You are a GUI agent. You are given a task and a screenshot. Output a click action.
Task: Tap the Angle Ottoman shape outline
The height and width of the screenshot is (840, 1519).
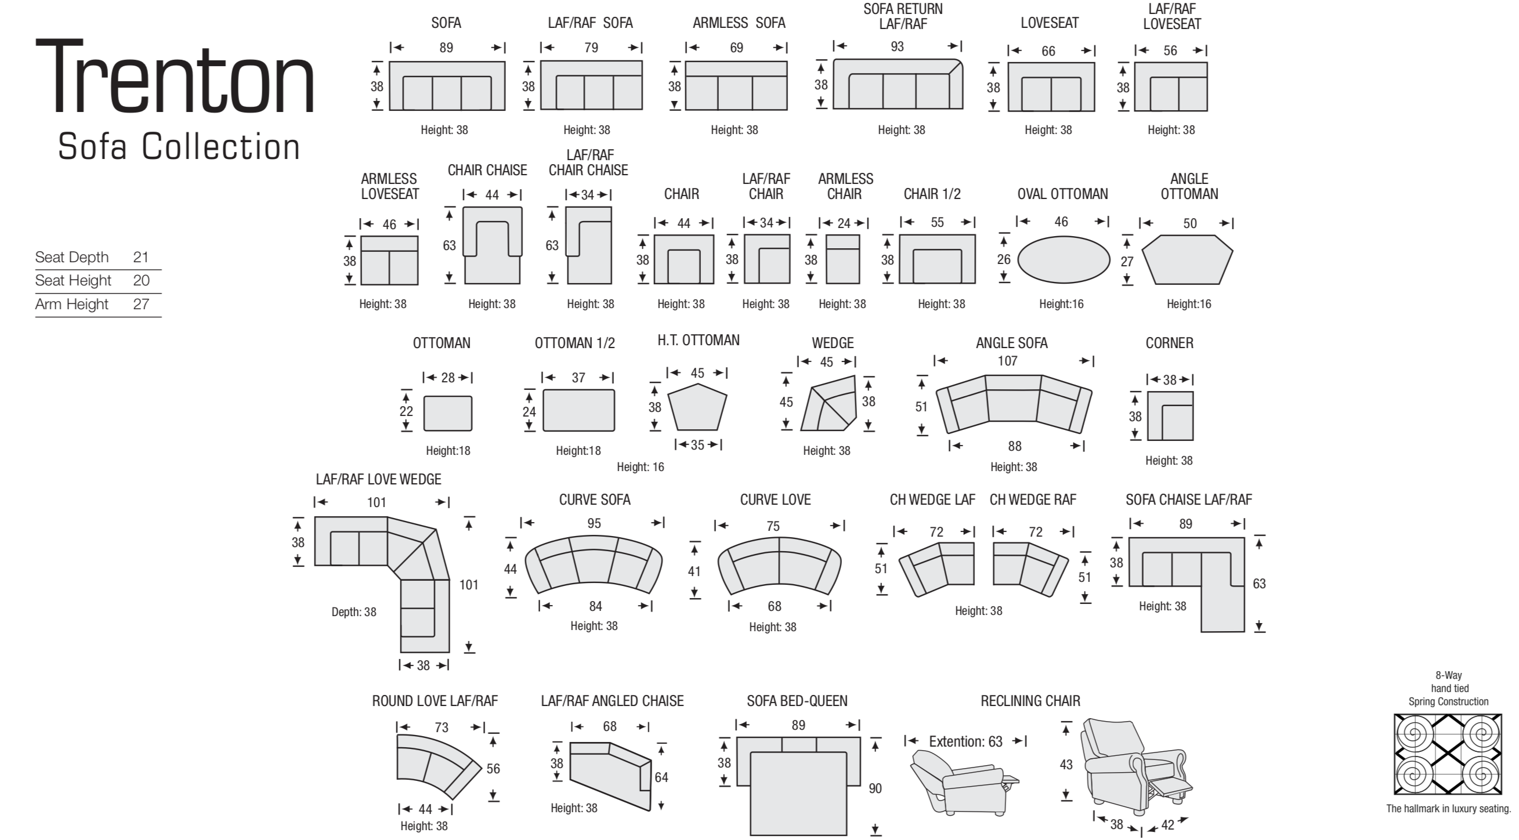[1187, 259]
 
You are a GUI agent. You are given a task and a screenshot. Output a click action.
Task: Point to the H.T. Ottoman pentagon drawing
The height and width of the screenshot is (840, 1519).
[697, 407]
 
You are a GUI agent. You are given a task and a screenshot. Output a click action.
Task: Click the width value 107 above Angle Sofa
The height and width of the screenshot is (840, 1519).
[1007, 361]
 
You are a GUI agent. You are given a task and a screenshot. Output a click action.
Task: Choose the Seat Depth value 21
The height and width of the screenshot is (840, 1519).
[140, 257]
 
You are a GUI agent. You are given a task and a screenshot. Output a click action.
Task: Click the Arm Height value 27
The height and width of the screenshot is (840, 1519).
[141, 304]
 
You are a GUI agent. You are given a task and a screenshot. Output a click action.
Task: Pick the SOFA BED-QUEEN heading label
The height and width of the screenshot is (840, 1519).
[797, 701]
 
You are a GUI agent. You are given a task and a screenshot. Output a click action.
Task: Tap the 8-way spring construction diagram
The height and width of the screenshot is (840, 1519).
[1448, 754]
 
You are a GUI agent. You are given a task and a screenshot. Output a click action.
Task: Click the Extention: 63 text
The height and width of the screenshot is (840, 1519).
[965, 741]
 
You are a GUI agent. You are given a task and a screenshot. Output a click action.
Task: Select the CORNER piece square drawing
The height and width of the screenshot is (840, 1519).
[1170, 416]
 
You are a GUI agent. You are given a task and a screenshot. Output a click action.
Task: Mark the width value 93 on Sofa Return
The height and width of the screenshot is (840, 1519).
[897, 46]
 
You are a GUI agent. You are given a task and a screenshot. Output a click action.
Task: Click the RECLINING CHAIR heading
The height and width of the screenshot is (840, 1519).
[1030, 701]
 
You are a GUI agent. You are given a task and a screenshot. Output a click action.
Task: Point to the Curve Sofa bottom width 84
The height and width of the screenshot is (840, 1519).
[595, 606]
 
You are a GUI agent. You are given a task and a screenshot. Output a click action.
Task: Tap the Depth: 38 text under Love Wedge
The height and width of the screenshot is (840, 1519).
[354, 612]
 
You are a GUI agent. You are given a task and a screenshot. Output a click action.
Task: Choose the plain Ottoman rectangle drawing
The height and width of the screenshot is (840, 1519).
[447, 413]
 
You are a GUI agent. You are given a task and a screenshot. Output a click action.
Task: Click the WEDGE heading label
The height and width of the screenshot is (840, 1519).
[833, 343]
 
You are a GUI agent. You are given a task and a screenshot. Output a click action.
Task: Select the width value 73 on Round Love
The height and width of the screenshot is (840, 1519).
[441, 727]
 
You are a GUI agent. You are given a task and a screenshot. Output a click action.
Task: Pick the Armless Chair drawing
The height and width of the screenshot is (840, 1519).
[842, 259]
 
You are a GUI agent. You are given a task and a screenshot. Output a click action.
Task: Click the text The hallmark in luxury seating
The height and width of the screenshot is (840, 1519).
[1448, 809]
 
